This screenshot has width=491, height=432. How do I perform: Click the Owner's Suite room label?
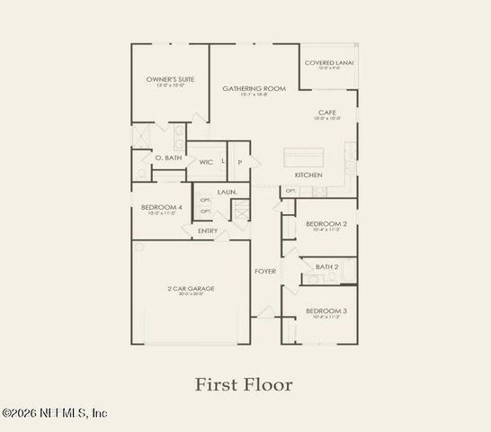170,80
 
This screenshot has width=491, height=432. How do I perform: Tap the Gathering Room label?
254,88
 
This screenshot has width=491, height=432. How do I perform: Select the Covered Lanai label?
328,63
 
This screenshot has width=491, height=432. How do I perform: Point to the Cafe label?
326,112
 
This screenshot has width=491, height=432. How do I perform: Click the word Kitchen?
308,174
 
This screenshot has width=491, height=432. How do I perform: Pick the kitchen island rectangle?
304,154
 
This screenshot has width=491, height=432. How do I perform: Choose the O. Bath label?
169,157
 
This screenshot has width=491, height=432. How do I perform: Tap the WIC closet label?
206,162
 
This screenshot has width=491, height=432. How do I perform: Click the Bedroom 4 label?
161,207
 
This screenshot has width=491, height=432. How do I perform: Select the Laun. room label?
227,192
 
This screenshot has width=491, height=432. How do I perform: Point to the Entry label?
208,230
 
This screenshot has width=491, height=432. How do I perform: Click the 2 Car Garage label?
191,289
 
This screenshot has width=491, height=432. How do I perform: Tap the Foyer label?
265,270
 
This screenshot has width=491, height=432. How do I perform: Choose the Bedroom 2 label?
326,223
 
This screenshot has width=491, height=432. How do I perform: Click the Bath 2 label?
326,266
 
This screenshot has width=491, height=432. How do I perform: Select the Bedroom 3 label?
326,310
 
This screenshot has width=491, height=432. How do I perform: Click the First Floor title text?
245,384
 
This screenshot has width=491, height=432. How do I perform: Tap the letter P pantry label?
239,162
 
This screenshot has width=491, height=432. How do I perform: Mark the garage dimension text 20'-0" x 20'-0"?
191,295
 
